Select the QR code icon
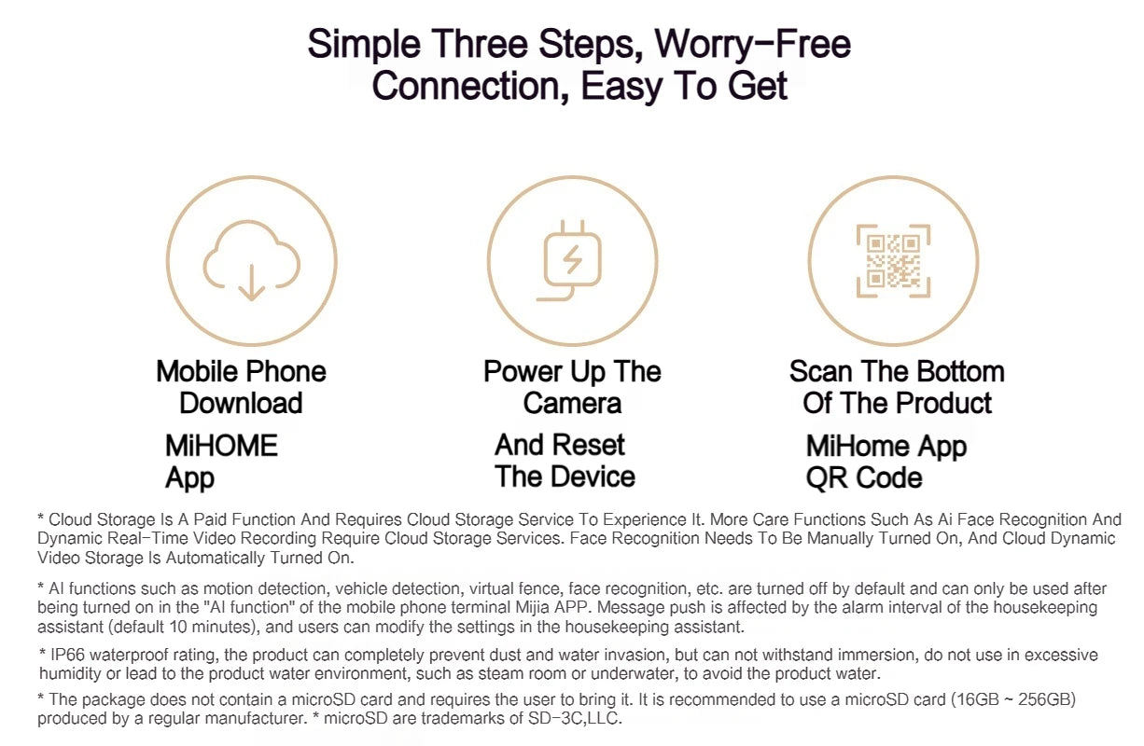(x=893, y=261)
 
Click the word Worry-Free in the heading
(x=753, y=45)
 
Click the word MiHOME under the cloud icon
(x=222, y=446)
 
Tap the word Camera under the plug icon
(x=572, y=403)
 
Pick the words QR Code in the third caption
(x=864, y=478)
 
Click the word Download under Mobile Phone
(x=241, y=403)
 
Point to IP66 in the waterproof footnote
(x=67, y=655)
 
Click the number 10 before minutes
(x=178, y=627)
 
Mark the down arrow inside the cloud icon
(x=251, y=283)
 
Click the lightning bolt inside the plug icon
(x=573, y=260)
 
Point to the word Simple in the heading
(x=364, y=46)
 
